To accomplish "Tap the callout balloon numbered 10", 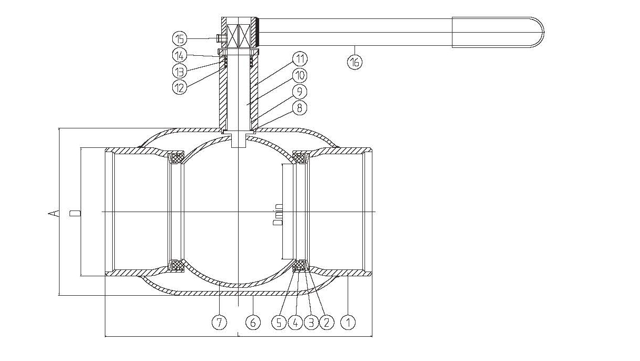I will (300, 75).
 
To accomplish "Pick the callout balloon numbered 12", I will (180, 86).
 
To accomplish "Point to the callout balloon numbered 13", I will (180, 71).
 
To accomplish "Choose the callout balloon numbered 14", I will (180, 55).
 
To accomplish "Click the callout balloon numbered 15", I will (180, 38).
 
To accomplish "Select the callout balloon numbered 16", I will (355, 61).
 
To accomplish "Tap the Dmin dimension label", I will (278, 214).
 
